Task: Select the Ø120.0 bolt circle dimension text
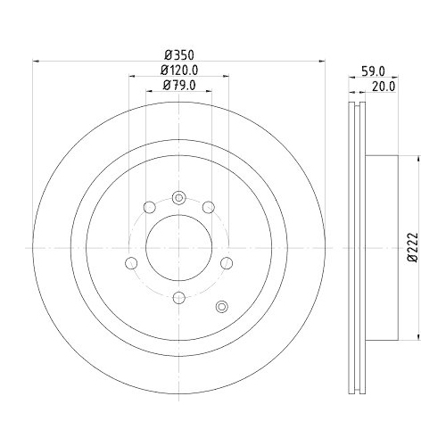178,70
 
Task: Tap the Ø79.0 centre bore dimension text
178,86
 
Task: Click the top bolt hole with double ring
178,198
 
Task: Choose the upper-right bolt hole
209,209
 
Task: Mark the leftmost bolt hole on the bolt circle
131,262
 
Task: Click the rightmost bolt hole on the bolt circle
226,262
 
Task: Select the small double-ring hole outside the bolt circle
222,308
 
